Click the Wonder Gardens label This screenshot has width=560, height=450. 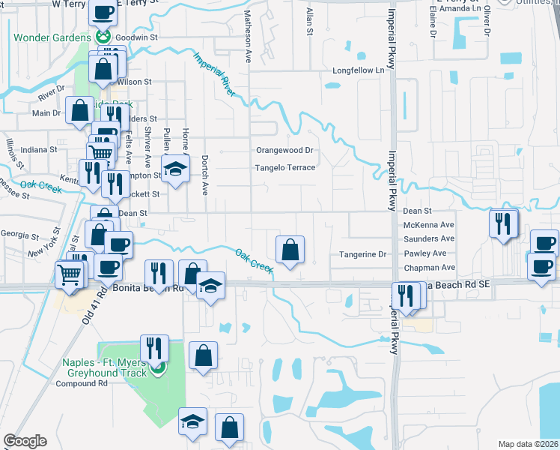49,37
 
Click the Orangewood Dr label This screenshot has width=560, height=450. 284,150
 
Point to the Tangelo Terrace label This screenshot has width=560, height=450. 285,168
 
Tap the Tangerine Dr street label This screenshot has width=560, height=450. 363,254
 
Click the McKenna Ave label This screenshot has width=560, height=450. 429,225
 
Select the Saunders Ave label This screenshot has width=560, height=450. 429,238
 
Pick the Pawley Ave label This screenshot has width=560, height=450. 429,253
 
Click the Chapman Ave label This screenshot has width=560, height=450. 429,268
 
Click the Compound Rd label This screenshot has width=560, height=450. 82,383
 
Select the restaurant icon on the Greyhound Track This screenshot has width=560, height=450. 154,347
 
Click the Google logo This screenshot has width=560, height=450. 25,441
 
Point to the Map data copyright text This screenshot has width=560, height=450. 527,444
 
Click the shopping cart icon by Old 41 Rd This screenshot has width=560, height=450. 70,275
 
